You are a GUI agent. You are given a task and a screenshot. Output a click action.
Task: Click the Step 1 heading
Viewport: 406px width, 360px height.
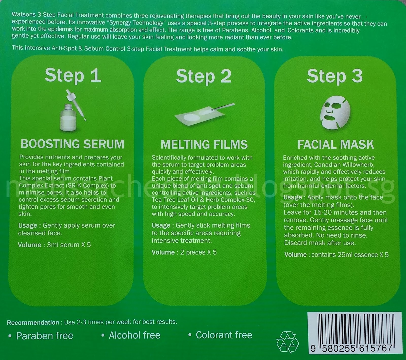[73, 76]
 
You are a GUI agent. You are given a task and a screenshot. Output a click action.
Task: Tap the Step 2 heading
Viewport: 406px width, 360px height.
[204, 76]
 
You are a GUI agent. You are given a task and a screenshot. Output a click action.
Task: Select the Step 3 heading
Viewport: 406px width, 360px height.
[335, 76]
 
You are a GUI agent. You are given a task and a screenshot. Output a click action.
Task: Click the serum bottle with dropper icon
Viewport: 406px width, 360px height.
[72, 110]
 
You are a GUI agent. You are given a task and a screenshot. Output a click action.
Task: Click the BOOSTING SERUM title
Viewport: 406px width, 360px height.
[73, 144]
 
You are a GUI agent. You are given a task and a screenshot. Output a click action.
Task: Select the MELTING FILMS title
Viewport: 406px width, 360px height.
[204, 145]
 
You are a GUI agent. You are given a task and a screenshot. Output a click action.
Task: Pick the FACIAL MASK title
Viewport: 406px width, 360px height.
[335, 145]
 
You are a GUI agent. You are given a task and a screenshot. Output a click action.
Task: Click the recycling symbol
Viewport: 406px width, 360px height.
[287, 342]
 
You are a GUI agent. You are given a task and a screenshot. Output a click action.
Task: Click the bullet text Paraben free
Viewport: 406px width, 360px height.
[45, 336]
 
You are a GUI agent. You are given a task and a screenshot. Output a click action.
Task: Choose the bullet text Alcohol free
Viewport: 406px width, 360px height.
[134, 335]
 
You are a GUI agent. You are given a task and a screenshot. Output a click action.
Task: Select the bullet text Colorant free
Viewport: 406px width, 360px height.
[224, 335]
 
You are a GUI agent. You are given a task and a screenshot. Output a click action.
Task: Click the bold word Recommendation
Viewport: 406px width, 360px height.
[33, 322]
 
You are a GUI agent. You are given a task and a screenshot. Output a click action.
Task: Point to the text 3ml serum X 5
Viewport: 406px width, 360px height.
[69, 245]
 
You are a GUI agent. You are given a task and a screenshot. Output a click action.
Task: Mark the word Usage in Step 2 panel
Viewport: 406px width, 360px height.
[161, 225]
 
